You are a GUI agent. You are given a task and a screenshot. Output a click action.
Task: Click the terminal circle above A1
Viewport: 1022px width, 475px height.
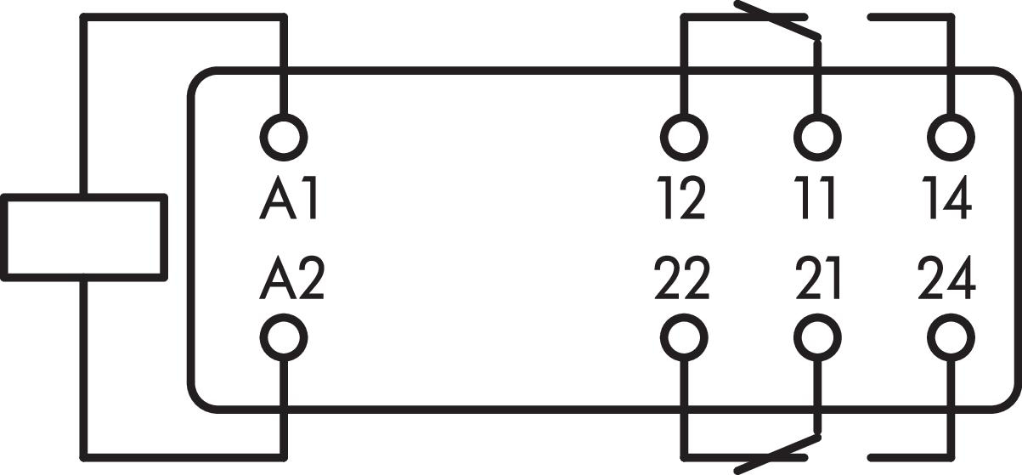point(282,136)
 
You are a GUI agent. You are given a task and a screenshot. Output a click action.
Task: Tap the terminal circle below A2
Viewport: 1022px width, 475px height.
point(282,338)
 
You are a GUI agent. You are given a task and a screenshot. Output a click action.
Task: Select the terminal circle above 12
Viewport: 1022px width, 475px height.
point(683,136)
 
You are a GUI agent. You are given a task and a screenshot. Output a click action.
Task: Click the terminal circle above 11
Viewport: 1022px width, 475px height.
point(817,136)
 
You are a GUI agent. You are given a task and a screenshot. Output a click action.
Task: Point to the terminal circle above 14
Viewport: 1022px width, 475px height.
point(951,136)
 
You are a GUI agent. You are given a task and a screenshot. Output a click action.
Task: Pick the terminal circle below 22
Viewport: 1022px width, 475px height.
point(683,338)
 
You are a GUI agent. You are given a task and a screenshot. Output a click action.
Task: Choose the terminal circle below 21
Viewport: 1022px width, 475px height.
point(817,338)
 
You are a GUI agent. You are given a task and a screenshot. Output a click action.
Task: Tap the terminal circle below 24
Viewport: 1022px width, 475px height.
point(951,338)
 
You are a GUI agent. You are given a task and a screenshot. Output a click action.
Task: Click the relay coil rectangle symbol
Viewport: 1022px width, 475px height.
point(82,236)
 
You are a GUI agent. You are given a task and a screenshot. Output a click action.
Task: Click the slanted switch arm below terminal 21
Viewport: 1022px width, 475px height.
point(777,454)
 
